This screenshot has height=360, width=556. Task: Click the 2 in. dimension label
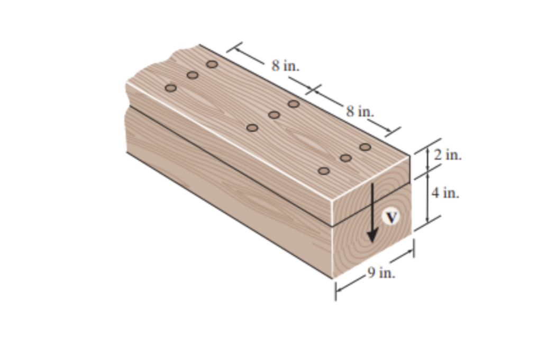pos(448,155)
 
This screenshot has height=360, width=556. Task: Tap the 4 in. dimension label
pos(445,192)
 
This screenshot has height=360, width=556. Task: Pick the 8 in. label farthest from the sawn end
pos(286,66)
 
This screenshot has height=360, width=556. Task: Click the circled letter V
pos(391,217)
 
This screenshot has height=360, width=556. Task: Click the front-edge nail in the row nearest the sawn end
pos(324,171)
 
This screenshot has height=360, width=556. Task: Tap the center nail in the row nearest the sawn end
pos(345,158)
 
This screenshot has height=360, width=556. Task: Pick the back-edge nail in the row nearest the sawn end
pos(365,146)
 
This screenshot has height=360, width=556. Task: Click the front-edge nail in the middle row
pos(252,128)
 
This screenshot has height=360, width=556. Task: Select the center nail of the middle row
pos(274,115)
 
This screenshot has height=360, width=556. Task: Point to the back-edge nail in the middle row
pos(294,104)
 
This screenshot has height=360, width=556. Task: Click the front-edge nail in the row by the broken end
pos(170,88)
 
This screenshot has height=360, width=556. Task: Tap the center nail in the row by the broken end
pos(192,75)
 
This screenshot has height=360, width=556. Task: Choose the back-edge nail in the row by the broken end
pos(212,64)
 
